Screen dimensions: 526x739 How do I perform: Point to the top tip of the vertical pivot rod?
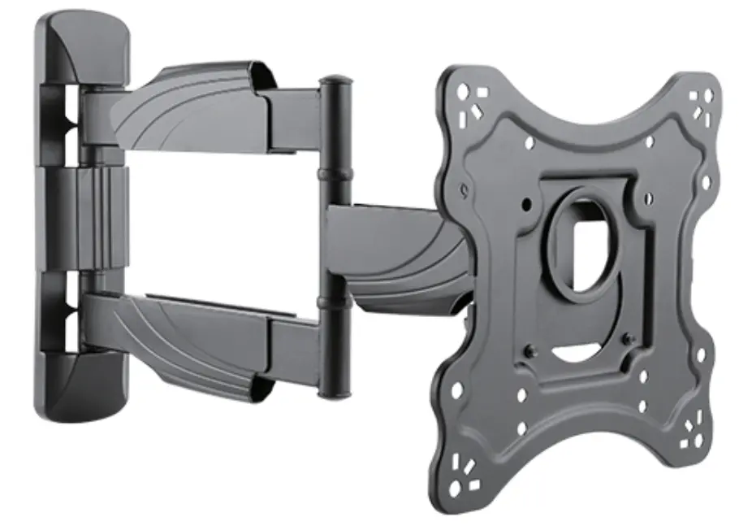[x=335, y=80]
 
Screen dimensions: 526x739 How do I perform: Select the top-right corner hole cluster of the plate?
[x=700, y=106]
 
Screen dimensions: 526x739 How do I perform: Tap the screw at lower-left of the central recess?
[x=528, y=351]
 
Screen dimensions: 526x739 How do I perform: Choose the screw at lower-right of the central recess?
[x=625, y=340]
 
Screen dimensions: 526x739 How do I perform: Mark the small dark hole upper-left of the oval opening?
[x=527, y=204]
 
